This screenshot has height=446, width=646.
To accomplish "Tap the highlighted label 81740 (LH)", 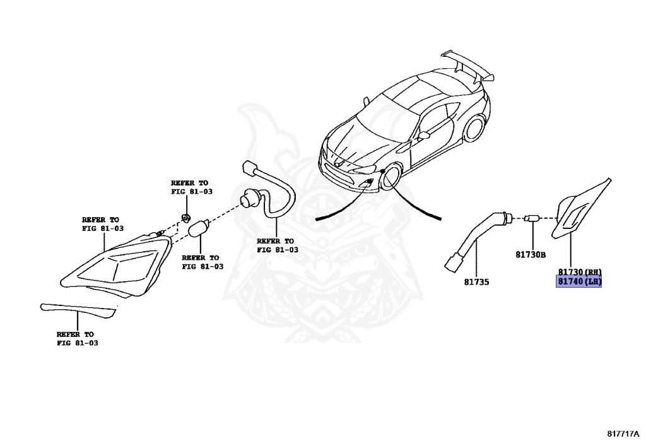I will pos(578,281).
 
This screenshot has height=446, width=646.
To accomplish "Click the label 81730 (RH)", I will pos(578,271).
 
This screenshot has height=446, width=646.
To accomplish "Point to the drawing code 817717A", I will pos(623,434).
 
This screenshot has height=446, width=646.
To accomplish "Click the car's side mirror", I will pos(424,134).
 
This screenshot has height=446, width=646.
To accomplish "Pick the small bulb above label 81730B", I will pos(532,219).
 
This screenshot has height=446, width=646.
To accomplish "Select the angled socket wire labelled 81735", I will pos(473,240).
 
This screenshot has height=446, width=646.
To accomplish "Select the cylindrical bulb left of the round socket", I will pos(199,229).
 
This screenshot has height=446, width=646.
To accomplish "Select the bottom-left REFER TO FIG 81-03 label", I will pos(77,339).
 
